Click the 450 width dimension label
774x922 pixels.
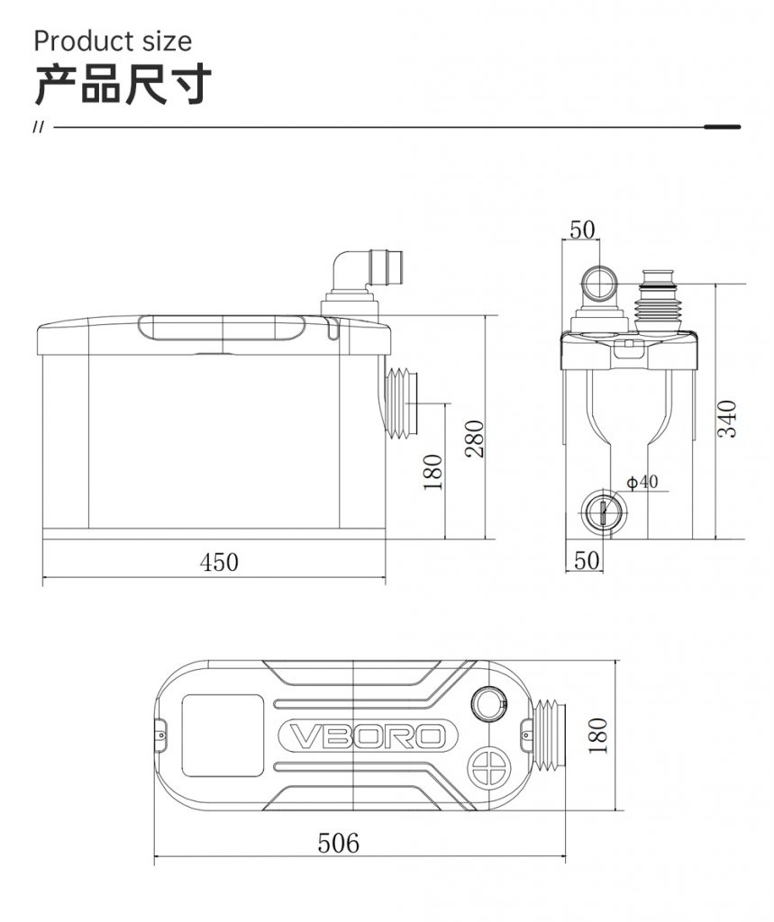pos(219,562)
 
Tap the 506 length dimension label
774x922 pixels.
pos(338,843)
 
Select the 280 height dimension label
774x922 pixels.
pos(475,438)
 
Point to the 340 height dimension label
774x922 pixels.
pos(727,419)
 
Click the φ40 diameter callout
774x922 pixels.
pos(642,483)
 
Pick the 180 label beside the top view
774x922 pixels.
pos(596,736)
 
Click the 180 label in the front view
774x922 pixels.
pos(433,472)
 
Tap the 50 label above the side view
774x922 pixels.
pos(582,230)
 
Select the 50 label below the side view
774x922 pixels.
pos(587,560)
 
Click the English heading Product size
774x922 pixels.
pos(113,41)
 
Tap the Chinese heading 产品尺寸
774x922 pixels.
pos(123,86)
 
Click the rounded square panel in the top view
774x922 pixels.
pos(222,736)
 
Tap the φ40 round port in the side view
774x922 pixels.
pos(603,510)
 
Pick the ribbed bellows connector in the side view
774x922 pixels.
pos(658,303)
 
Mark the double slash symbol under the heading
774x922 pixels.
pos(39,127)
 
